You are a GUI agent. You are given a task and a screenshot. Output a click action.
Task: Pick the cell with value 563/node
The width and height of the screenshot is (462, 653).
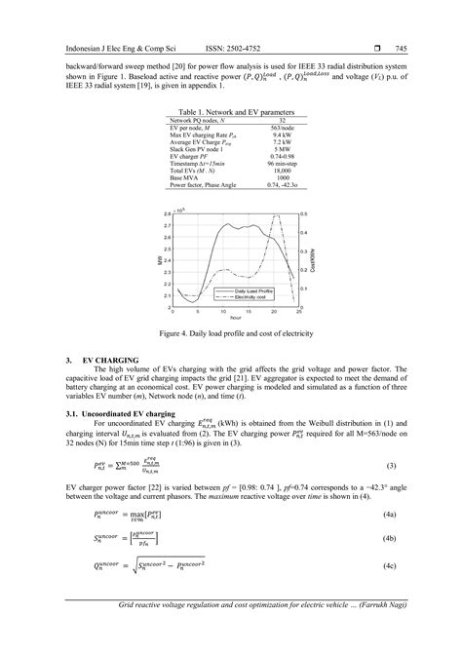283,129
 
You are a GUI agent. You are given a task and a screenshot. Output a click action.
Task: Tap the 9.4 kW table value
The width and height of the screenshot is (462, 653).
283,135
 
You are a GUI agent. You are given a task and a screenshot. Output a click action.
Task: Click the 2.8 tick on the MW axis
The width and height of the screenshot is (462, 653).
167,212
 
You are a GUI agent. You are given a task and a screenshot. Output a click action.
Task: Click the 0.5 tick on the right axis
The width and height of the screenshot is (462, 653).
304,212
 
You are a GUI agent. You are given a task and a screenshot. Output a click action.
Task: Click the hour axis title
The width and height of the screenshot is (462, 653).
234,318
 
